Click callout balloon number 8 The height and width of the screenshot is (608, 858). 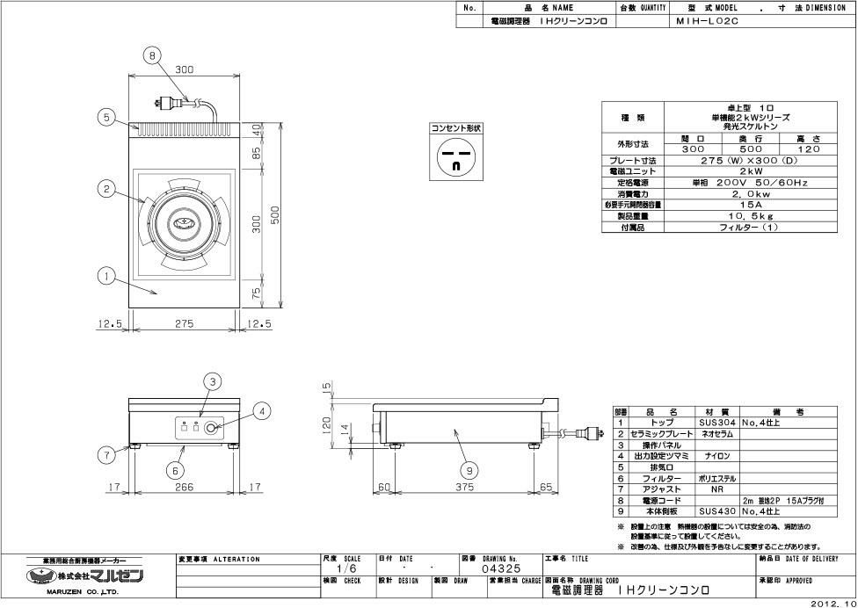click(153, 55)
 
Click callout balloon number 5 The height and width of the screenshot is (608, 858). click(105, 118)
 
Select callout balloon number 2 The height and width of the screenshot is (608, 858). click(105, 188)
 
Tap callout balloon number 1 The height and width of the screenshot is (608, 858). click(105, 278)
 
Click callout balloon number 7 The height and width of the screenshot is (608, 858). click(105, 454)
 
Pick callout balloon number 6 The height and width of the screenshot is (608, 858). click(176, 469)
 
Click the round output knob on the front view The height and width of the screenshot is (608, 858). click(212, 429)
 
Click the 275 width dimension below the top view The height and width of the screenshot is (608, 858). click(185, 324)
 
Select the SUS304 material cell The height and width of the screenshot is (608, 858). click(716, 423)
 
